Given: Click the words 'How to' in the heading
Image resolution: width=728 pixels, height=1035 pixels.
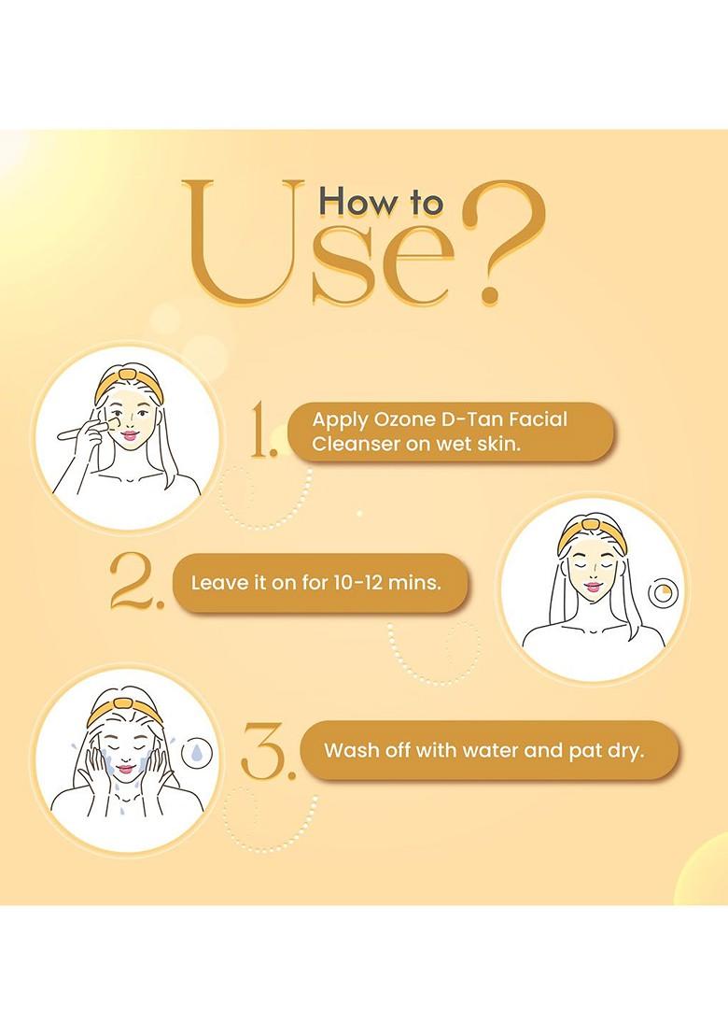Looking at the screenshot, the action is (381, 202).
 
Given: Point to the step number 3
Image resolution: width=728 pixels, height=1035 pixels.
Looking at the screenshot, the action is (265, 751).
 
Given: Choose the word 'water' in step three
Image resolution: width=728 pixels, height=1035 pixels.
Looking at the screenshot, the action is (490, 750).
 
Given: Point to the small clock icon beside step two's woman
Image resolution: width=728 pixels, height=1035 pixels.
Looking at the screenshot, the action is (663, 593).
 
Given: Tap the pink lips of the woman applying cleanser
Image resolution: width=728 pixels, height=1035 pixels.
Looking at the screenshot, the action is (130, 435).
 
